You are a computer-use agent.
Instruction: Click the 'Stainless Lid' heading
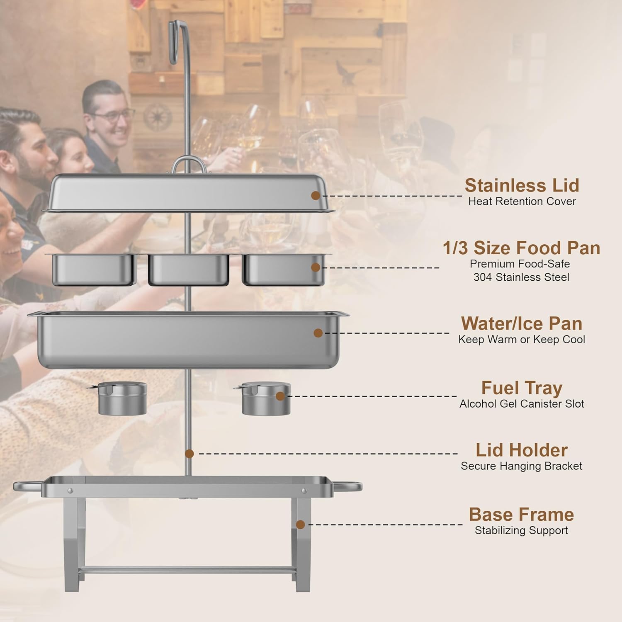coord(522,185)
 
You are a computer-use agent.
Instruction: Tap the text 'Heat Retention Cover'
coord(522,202)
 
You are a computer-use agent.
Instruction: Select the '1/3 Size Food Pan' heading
coord(521,248)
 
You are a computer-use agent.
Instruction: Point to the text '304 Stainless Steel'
coord(521,277)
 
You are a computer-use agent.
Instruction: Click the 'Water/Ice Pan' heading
coord(522,323)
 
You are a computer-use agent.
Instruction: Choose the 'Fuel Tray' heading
coord(522,388)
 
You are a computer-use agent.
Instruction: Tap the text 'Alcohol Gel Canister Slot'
coord(522,404)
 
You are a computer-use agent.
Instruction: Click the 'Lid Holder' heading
coord(522,450)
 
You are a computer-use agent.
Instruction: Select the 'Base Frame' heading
coord(522,515)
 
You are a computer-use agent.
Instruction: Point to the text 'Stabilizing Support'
coord(522,530)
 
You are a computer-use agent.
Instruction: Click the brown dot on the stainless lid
coord(316,195)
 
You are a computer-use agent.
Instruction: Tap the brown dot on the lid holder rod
coord(190,454)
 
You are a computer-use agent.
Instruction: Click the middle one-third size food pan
coord(189,270)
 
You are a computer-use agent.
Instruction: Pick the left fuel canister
coord(121,398)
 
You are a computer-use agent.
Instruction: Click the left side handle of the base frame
coord(28,486)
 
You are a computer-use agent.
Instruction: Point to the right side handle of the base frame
coord(347,486)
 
